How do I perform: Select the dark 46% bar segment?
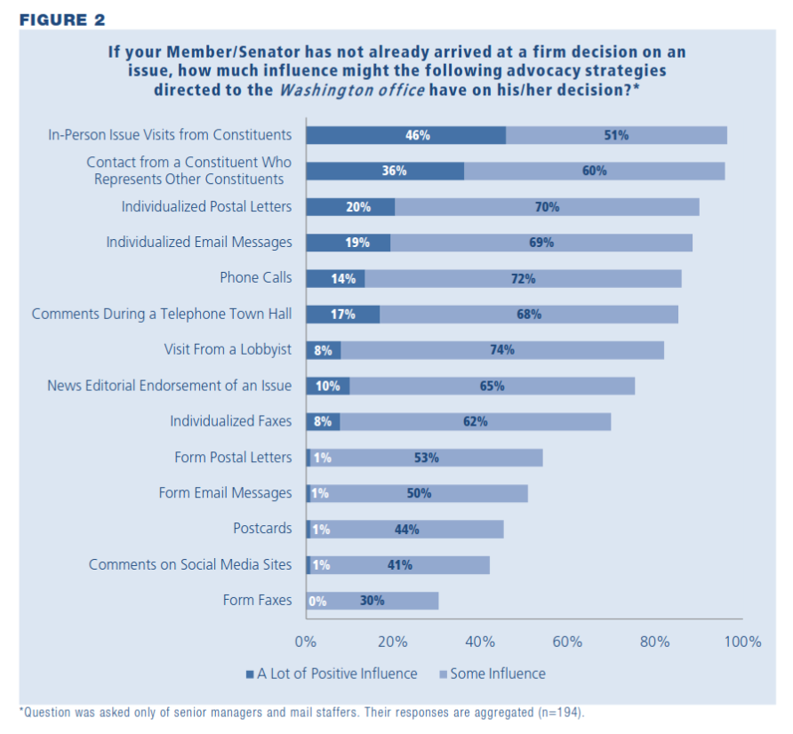pyautogui.click(x=406, y=135)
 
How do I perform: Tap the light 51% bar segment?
pyautogui.click(x=616, y=135)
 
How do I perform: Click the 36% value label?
pyautogui.click(x=394, y=171)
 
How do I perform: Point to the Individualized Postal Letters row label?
pyautogui.click(x=206, y=207)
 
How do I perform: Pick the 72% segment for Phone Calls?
pyautogui.click(x=523, y=278)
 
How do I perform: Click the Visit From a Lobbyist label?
pyautogui.click(x=228, y=349)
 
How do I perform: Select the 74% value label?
pyautogui.click(x=501, y=350)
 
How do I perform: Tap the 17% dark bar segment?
pyautogui.click(x=343, y=314)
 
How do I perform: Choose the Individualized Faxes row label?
pyautogui.click(x=230, y=421)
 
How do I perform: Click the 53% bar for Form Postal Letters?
pyautogui.click(x=427, y=458)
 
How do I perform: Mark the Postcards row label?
pyautogui.click(x=262, y=529)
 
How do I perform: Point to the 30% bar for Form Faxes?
pyautogui.click(x=373, y=601)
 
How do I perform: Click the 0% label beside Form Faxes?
pyautogui.click(x=317, y=601)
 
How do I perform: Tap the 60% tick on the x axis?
pyautogui.click(x=567, y=642)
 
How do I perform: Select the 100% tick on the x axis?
pyautogui.click(x=742, y=642)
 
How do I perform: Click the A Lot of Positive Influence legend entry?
pyautogui.click(x=331, y=674)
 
